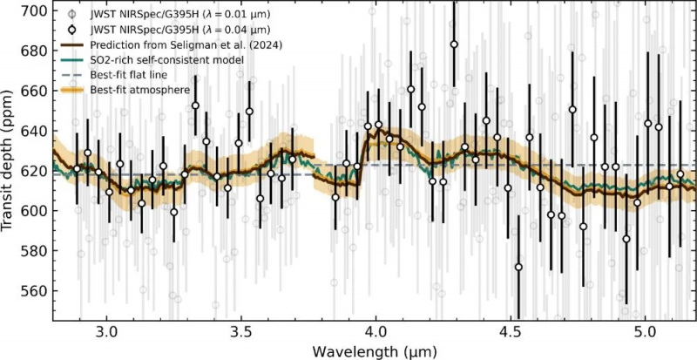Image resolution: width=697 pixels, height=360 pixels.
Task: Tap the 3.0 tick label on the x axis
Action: (x=106, y=332)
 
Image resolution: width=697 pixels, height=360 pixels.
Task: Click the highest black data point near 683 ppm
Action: (x=454, y=44)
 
